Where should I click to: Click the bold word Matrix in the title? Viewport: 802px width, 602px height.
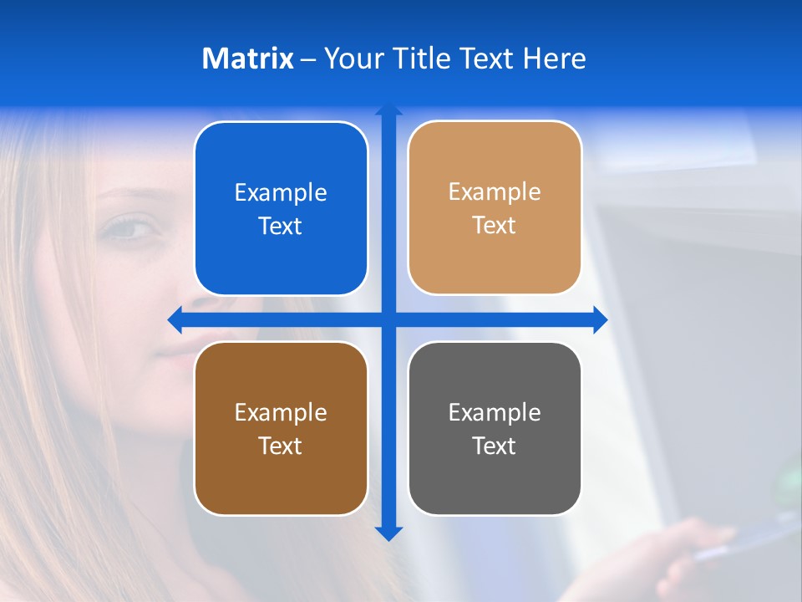(x=247, y=59)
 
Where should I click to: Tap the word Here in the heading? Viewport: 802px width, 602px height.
(x=554, y=59)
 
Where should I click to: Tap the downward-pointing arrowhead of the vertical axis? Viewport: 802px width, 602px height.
(x=388, y=533)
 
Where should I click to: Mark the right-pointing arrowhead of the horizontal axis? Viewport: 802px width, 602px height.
(x=600, y=319)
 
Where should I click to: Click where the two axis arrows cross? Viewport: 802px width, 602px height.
(x=388, y=319)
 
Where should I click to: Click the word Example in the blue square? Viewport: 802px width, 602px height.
(x=281, y=193)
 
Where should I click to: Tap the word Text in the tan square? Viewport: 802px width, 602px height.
(x=495, y=226)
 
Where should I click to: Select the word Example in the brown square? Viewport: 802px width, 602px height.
(x=281, y=413)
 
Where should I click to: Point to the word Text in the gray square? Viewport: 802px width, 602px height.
(x=495, y=446)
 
